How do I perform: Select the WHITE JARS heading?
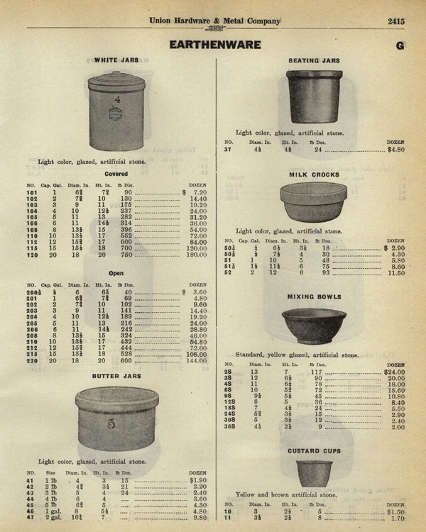[116, 60]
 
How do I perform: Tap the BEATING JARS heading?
[313, 61]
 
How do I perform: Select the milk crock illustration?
[312, 202]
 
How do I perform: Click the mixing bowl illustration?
[313, 326]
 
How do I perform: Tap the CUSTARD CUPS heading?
[314, 450]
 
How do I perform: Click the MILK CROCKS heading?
[314, 174]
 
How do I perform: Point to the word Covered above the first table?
[116, 173]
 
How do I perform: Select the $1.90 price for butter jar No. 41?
[197, 480]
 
